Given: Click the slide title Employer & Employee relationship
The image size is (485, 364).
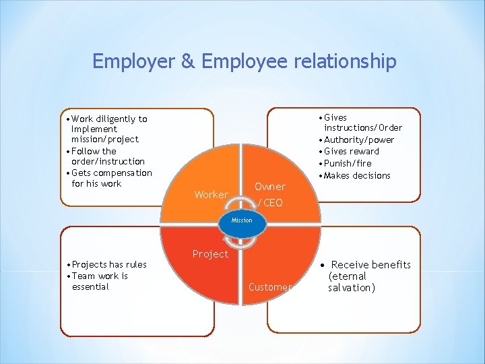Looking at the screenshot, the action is (244, 61).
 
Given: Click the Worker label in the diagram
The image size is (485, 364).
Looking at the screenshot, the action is (211, 195).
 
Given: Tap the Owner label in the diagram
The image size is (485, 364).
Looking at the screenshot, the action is (269, 187).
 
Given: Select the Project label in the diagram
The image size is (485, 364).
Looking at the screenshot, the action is (210, 254).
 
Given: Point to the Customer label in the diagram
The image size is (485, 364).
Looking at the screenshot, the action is (269, 287).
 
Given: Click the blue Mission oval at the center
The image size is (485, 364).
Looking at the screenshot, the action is (241, 220).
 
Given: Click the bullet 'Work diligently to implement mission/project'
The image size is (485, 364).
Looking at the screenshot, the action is (108, 129).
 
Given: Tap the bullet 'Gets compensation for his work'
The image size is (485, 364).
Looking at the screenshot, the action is (110, 178).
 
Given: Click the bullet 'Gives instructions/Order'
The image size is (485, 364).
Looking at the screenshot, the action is (361, 122).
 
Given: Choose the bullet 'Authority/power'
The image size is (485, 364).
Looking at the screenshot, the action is (358, 140).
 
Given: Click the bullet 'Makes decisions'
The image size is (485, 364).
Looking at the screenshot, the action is (356, 175).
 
